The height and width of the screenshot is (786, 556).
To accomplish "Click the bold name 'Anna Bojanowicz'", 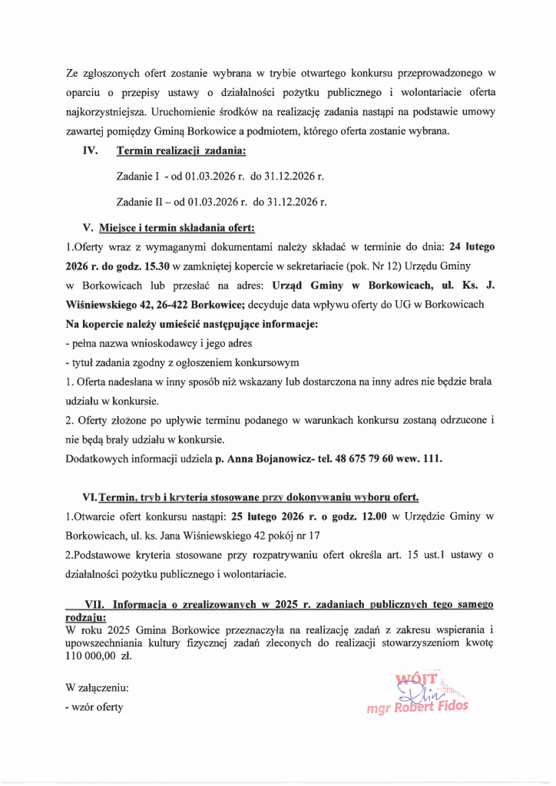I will pyautogui.click(x=270, y=459).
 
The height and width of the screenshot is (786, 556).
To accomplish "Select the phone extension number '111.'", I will pyautogui.click(x=434, y=459).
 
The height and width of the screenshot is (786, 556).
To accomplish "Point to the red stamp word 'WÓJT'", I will pyautogui.click(x=415, y=679).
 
